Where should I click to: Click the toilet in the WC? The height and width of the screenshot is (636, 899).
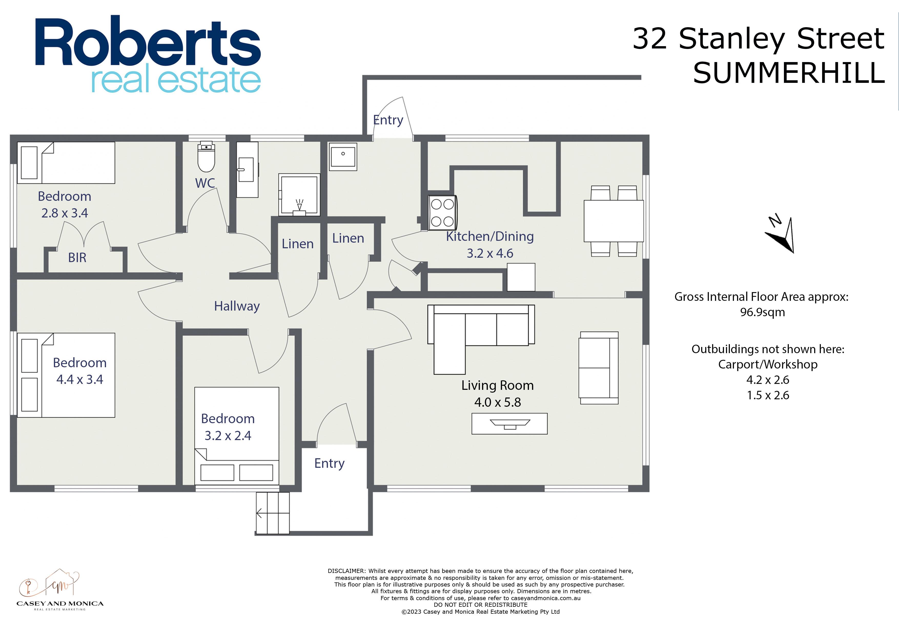click(x=206, y=157)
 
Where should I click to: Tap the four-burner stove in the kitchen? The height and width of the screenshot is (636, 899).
click(x=442, y=212)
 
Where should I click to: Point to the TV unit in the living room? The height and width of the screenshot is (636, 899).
click(x=509, y=424)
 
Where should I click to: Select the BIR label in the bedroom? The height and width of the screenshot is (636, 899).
click(x=77, y=257)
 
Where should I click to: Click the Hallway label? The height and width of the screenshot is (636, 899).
click(x=237, y=306)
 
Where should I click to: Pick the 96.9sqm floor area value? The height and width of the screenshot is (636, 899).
click(x=762, y=312)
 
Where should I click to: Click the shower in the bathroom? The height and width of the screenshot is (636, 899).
click(x=299, y=195)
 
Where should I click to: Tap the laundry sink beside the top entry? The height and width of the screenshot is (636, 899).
click(x=343, y=157)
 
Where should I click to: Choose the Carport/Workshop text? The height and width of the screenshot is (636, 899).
click(x=768, y=364)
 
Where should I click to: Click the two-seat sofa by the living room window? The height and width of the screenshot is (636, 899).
click(x=599, y=368)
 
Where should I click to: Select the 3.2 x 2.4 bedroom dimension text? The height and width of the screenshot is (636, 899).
click(x=228, y=436)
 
